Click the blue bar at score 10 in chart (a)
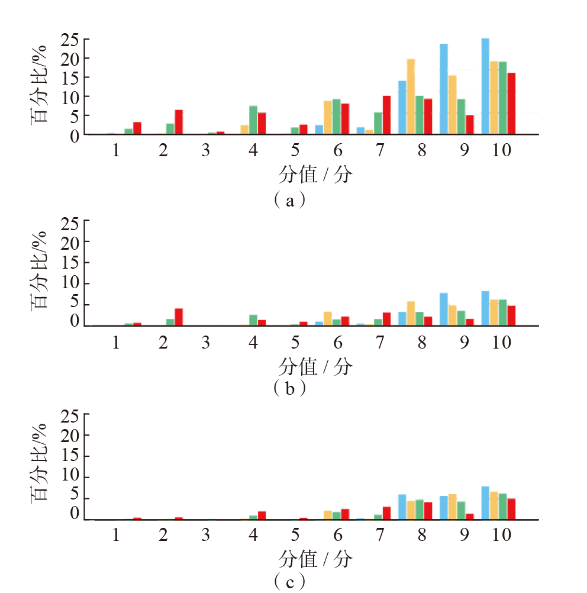[485, 86]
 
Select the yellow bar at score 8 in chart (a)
[411, 96]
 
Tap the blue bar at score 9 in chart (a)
[444, 89]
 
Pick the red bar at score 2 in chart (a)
[179, 123]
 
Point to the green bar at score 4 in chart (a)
[253, 120]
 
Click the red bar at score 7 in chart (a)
[386, 115]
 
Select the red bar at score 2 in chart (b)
[179, 317]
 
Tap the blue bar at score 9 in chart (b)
[444, 310]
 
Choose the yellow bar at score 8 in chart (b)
[411, 314]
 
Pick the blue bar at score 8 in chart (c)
[402, 507]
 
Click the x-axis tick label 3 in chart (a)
[206, 150]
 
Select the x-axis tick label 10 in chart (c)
[501, 535]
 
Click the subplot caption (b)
[290, 389]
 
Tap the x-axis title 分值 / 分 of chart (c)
[315, 559]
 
